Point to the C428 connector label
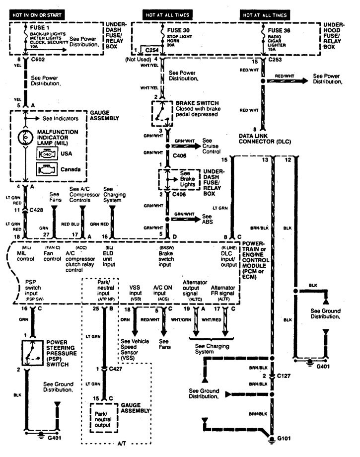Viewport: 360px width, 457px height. [36, 211]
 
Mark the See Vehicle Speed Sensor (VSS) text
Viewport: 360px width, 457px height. [136, 349]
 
